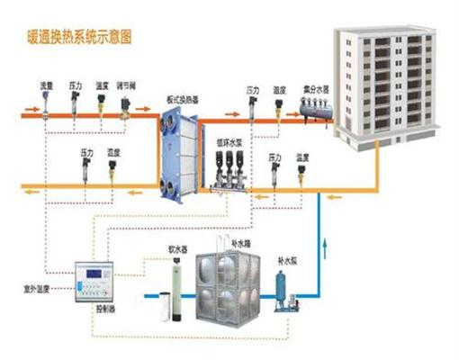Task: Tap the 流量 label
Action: pyautogui.click(x=45, y=85)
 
